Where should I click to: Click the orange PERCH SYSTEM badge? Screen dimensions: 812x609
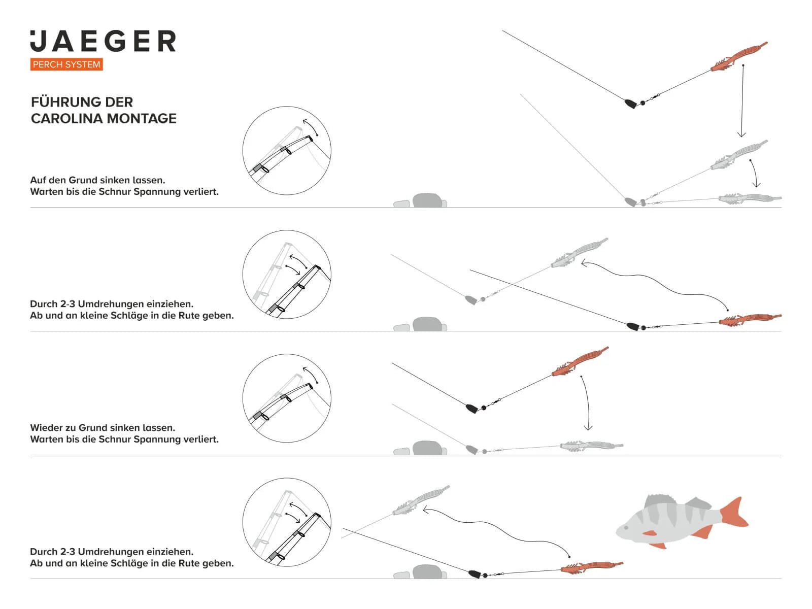click(x=66, y=64)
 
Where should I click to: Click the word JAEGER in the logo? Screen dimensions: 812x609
click(x=103, y=41)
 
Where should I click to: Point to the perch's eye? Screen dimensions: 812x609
click(x=626, y=528)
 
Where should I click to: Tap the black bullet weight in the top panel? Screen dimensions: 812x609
click(x=630, y=104)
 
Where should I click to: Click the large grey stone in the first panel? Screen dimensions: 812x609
click(x=428, y=200)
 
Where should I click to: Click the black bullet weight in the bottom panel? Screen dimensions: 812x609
click(x=474, y=574)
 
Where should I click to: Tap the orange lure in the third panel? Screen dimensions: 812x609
click(x=580, y=362)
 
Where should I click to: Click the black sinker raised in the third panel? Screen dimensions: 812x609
click(x=472, y=409)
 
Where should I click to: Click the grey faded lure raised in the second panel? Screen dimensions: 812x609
click(x=579, y=253)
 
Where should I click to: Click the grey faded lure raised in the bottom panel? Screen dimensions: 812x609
click(x=421, y=500)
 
